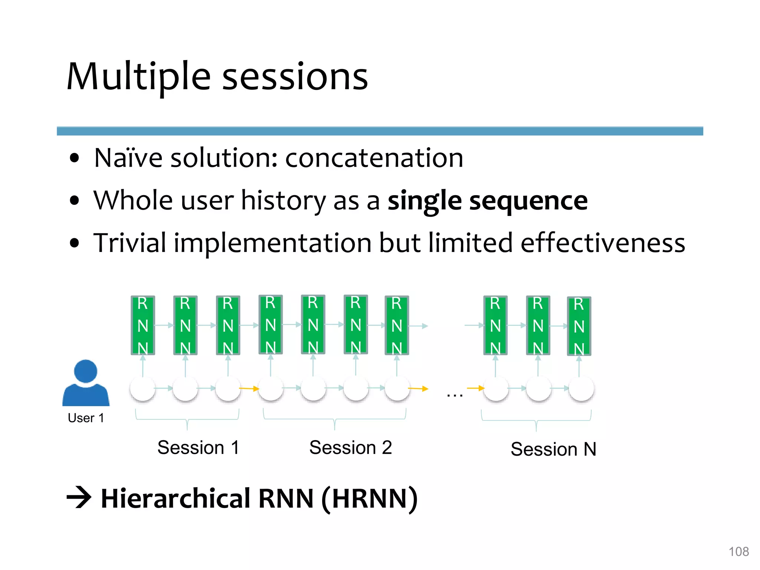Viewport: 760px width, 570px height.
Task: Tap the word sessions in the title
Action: click(295, 77)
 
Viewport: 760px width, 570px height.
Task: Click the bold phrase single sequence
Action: click(487, 201)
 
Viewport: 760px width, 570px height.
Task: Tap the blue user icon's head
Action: click(86, 371)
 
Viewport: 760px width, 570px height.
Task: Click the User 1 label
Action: click(86, 418)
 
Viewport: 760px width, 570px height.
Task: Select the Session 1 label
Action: click(198, 448)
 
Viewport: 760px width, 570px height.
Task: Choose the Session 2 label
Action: click(350, 448)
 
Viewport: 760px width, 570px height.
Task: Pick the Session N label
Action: click(553, 449)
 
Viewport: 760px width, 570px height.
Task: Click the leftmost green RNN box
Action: click(143, 325)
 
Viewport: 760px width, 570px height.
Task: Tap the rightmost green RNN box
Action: click(579, 326)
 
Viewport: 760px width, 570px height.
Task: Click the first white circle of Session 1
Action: click(143, 389)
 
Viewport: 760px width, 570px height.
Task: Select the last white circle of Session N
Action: click(581, 389)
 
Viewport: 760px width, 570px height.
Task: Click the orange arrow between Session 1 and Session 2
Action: click(249, 389)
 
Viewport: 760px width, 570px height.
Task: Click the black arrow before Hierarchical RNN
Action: click(79, 497)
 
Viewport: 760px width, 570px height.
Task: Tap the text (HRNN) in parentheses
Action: click(369, 498)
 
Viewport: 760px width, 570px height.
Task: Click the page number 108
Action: click(738, 551)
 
